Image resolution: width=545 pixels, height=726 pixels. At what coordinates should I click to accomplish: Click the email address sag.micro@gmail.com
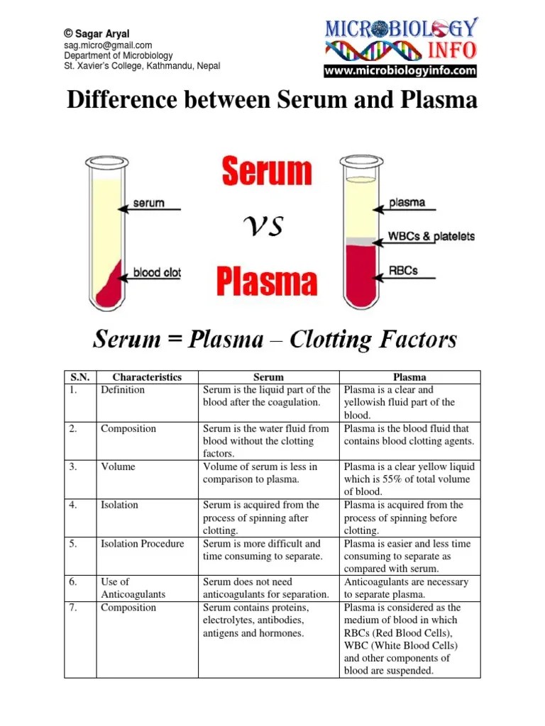point(108,45)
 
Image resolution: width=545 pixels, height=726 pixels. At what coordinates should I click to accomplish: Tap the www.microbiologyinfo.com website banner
point(401,71)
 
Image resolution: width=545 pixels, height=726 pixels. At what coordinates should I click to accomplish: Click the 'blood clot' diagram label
point(157,272)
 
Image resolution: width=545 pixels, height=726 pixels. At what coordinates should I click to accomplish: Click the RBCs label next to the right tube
point(404,270)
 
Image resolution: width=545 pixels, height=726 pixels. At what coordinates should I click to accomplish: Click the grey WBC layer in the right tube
point(360,242)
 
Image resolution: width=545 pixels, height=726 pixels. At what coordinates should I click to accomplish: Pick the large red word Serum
point(268,172)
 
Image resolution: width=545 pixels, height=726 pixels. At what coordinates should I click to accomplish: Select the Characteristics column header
point(147,377)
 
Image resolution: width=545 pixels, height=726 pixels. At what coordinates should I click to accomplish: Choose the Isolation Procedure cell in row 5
point(142,544)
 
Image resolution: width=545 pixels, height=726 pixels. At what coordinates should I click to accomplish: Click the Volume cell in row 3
point(118,467)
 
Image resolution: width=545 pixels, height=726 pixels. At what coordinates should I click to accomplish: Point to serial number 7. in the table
point(73,608)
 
